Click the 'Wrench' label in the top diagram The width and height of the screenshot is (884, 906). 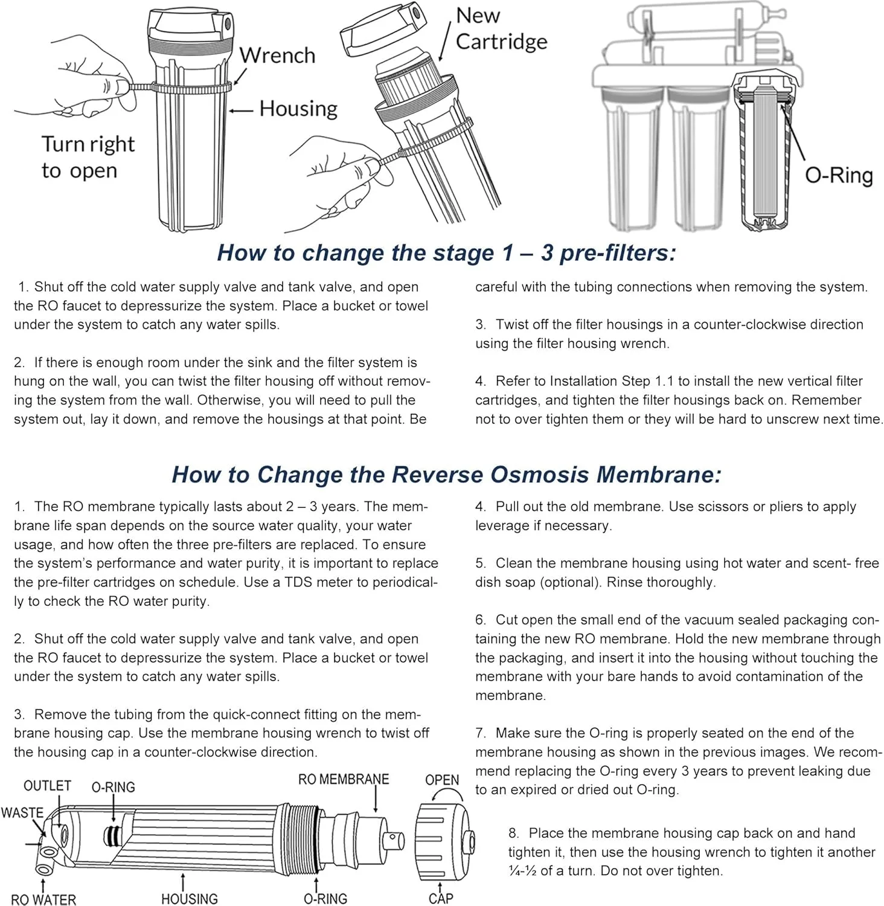point(277,56)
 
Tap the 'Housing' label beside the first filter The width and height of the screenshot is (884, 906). point(298,109)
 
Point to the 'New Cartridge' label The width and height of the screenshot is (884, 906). point(501,28)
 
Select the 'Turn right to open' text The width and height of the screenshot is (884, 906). point(88,157)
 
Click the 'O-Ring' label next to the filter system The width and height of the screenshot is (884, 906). point(839,175)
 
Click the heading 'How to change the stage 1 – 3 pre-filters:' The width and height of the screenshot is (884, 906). point(446,252)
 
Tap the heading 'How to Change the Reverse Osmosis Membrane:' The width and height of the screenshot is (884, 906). point(446,474)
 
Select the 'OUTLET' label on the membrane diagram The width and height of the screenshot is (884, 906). point(47,785)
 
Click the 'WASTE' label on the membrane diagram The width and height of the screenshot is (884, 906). point(22,812)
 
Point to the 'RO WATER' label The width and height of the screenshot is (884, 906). point(43,899)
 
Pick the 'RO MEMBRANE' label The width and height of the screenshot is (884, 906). point(344,779)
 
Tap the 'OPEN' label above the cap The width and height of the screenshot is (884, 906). point(442,780)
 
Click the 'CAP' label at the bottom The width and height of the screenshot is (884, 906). point(441,898)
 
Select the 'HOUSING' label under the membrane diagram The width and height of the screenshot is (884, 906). point(189,899)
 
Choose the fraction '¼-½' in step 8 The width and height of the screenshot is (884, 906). point(522,871)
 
